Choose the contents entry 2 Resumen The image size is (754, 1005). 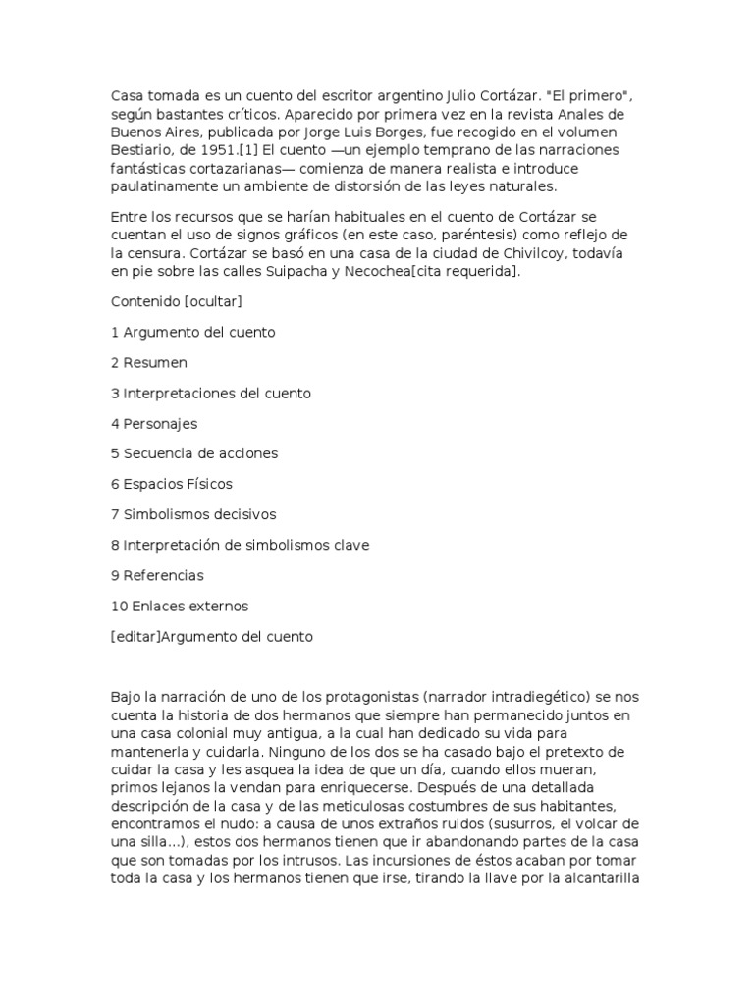tap(149, 362)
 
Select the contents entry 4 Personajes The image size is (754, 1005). tap(154, 423)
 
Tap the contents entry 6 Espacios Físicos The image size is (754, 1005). tap(172, 484)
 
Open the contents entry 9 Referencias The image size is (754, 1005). tap(160, 575)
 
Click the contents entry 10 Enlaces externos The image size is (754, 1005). tap(180, 606)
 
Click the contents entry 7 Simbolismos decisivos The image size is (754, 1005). tap(194, 514)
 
